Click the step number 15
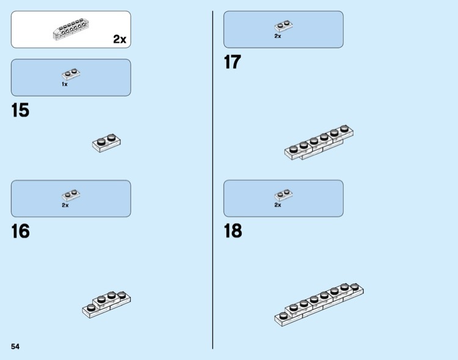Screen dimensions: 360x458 (x=20, y=111)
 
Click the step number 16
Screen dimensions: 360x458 (x=20, y=232)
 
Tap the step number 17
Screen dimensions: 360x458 (x=233, y=62)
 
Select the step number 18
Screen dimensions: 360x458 (x=233, y=232)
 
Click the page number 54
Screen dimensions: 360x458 (x=15, y=347)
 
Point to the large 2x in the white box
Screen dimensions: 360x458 (x=119, y=40)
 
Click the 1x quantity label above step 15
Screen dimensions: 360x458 (x=65, y=84)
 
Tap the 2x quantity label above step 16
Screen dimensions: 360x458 (x=65, y=205)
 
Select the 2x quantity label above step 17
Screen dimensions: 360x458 (x=277, y=36)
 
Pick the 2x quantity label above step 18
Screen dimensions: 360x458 (x=277, y=205)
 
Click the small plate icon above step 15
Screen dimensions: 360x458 (x=71, y=75)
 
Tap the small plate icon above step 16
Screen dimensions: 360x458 (x=71, y=196)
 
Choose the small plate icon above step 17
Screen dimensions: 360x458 (x=283, y=26)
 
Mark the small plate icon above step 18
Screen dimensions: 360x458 (x=283, y=196)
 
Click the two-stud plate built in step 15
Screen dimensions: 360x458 (x=107, y=142)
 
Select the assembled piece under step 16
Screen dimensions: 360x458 (x=107, y=303)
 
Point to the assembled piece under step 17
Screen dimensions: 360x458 (x=319, y=144)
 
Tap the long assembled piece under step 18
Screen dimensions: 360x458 (x=319, y=303)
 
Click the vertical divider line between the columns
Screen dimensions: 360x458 (x=213, y=183)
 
